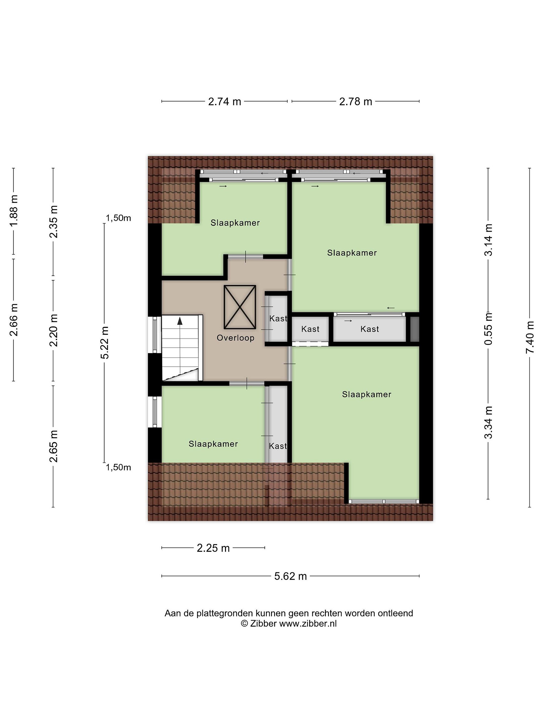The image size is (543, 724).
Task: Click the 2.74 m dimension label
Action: pos(224,102)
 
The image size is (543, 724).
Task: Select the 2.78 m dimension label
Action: pos(355,102)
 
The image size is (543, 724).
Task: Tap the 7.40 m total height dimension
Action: pos(530,337)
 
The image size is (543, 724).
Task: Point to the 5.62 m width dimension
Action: pos(290,576)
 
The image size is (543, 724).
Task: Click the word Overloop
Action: pos(235,338)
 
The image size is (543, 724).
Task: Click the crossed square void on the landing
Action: pos(240,307)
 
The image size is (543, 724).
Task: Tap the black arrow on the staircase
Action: pos(180,321)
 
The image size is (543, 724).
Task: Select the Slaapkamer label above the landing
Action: pos(235,223)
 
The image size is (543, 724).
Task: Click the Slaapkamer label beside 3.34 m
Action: pos(367,394)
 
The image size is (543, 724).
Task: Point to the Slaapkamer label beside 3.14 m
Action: pos(352,253)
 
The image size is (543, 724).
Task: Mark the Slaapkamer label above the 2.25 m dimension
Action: pos(213,444)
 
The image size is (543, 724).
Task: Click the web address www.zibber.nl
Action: pos(308,623)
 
